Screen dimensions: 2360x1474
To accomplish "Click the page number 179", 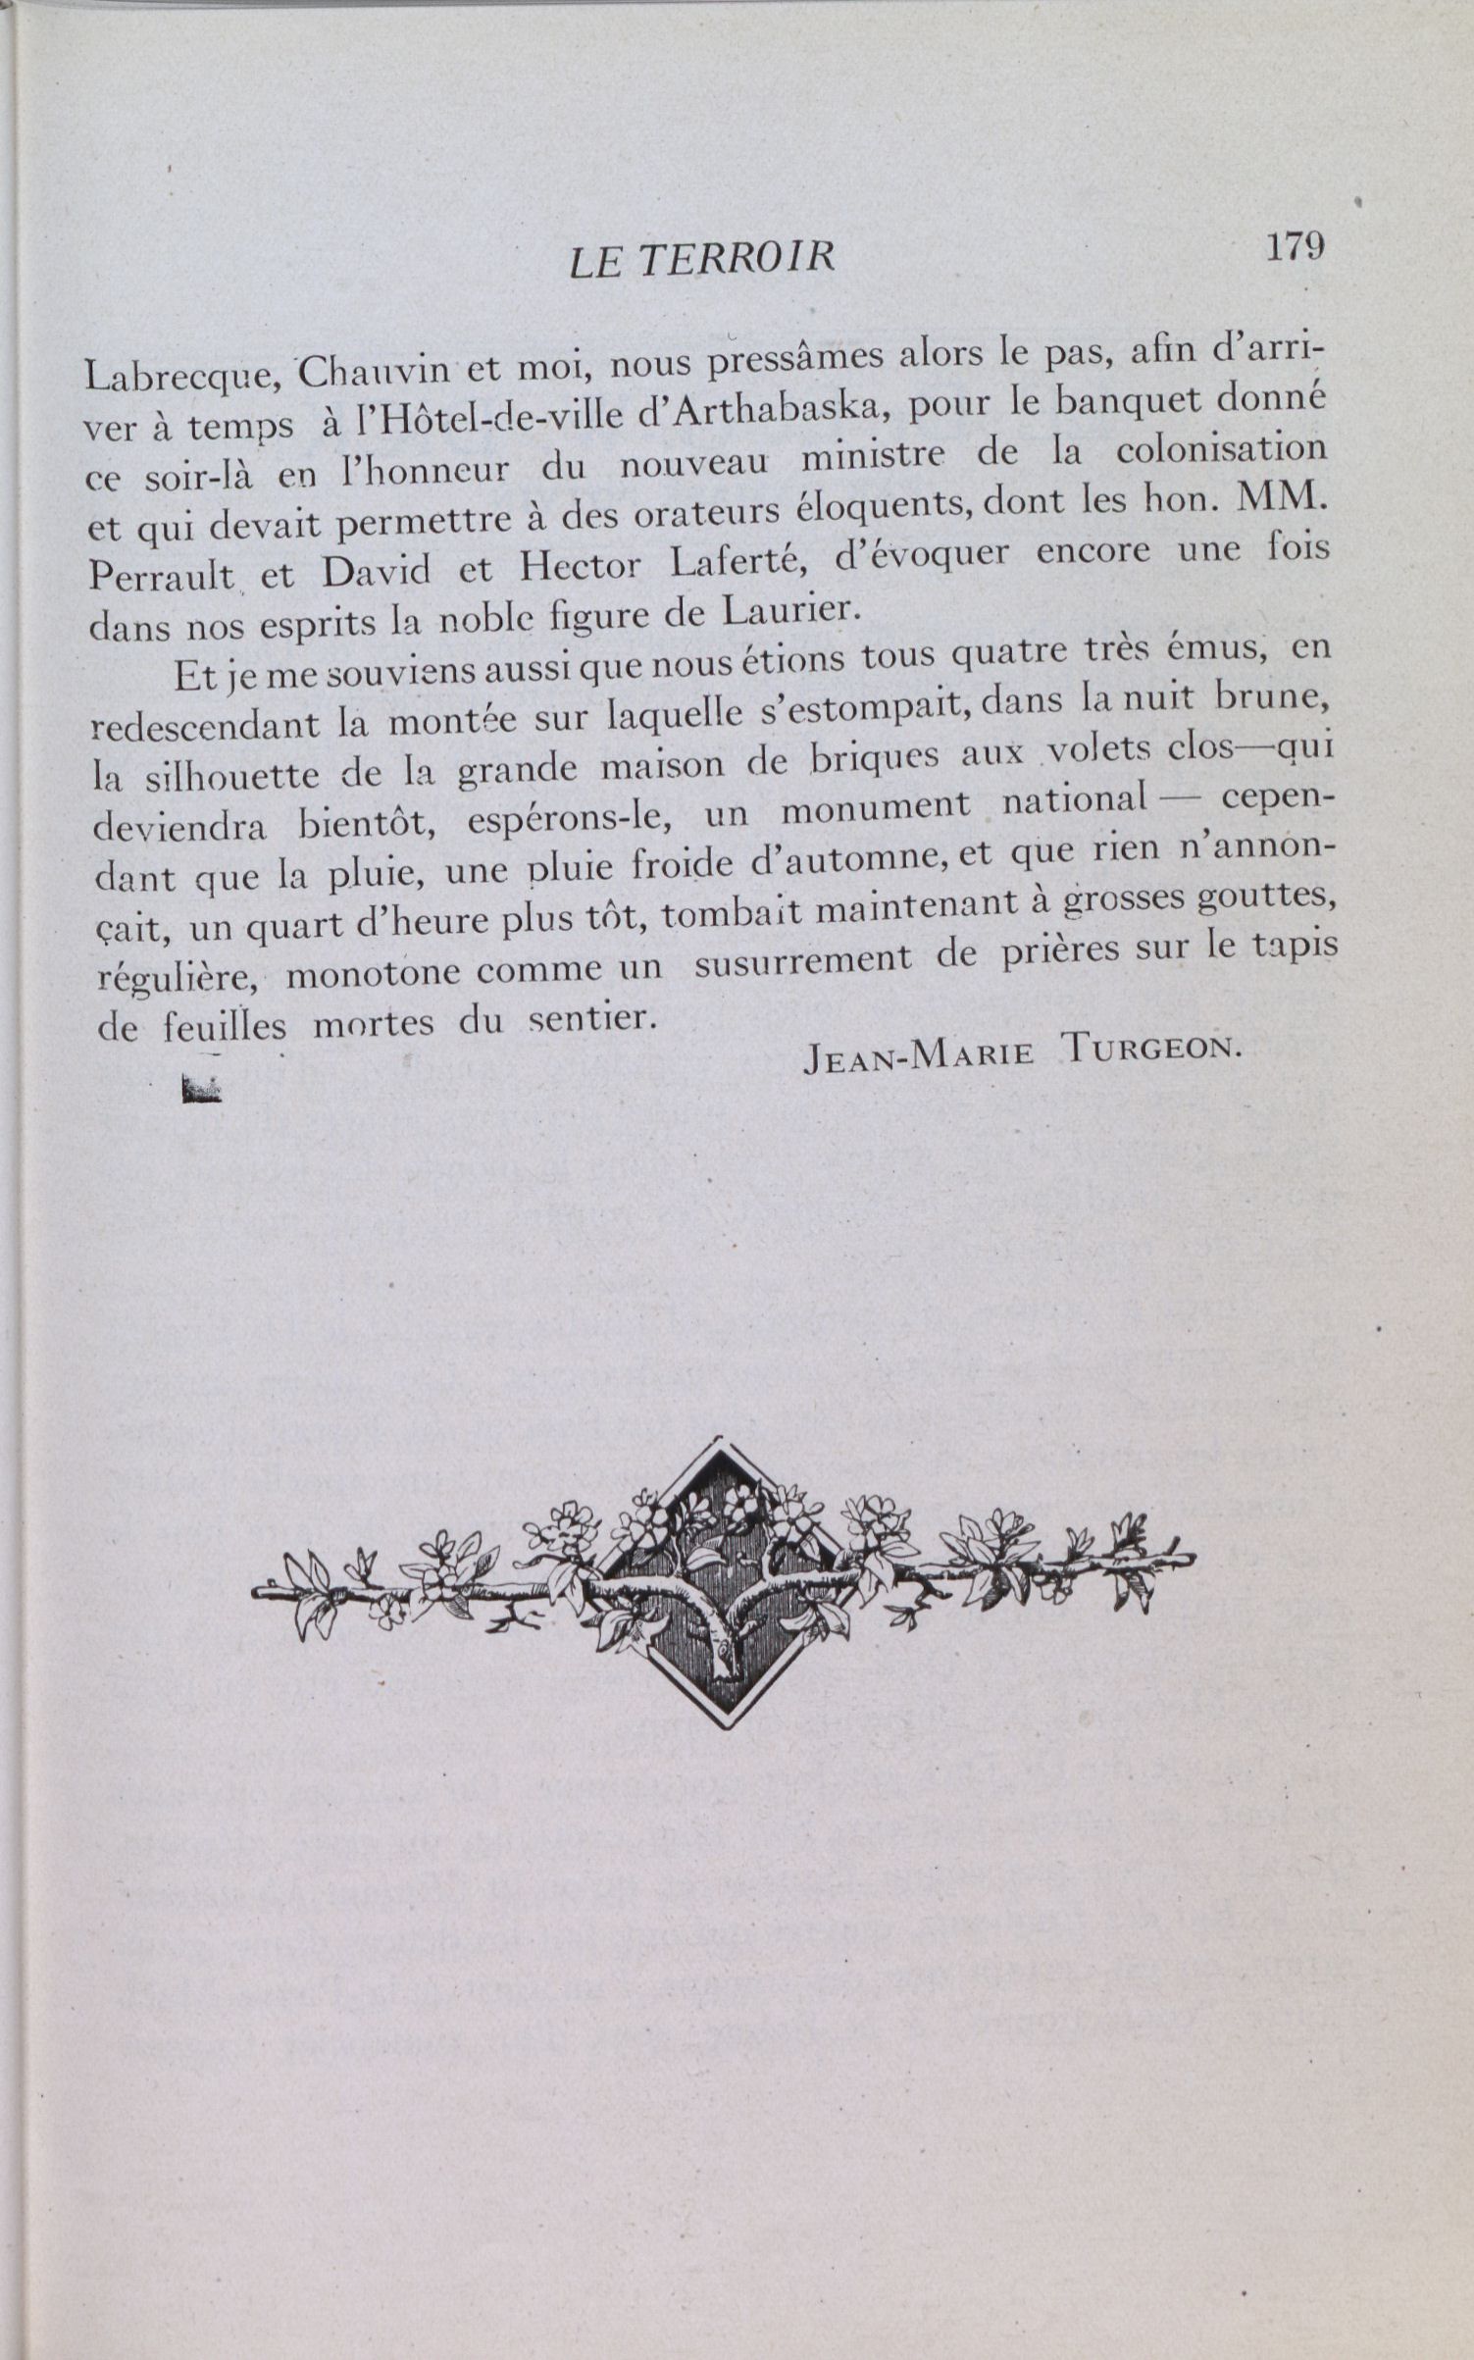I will pyautogui.click(x=1295, y=246).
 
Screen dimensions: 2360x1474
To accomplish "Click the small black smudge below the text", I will pyautogui.click(x=201, y=1090).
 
